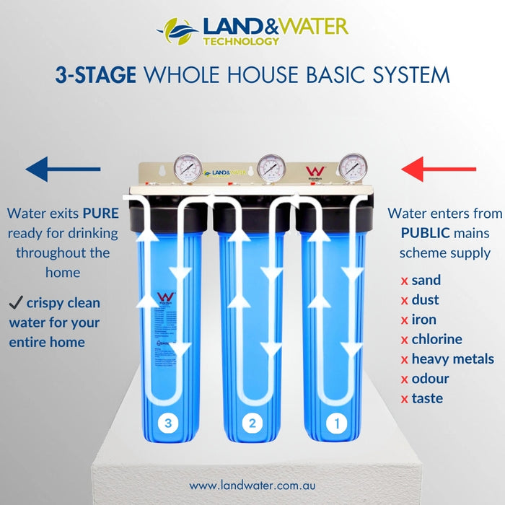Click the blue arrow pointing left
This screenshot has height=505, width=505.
[x=63, y=170]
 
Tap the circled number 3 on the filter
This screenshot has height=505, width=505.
[x=168, y=423]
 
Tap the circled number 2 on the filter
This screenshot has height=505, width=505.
[x=252, y=423]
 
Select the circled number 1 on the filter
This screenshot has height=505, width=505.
[x=335, y=423]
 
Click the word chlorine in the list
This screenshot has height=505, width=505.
[x=436, y=339]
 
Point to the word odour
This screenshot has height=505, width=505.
[x=430, y=379]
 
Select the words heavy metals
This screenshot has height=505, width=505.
[x=452, y=359]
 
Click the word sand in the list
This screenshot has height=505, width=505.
[x=426, y=280]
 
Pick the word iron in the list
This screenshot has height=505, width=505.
[x=423, y=320]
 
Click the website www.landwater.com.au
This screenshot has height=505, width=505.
[x=252, y=486]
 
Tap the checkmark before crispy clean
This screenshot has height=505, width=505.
[x=16, y=302]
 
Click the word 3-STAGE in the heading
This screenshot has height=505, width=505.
[x=95, y=75]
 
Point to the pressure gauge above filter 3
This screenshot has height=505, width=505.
[x=187, y=167]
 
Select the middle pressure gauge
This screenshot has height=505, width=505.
[x=271, y=167]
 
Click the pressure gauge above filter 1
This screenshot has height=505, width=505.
[x=353, y=167]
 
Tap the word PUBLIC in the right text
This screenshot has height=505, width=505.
[x=426, y=233]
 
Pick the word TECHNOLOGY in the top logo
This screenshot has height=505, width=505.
[x=241, y=41]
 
